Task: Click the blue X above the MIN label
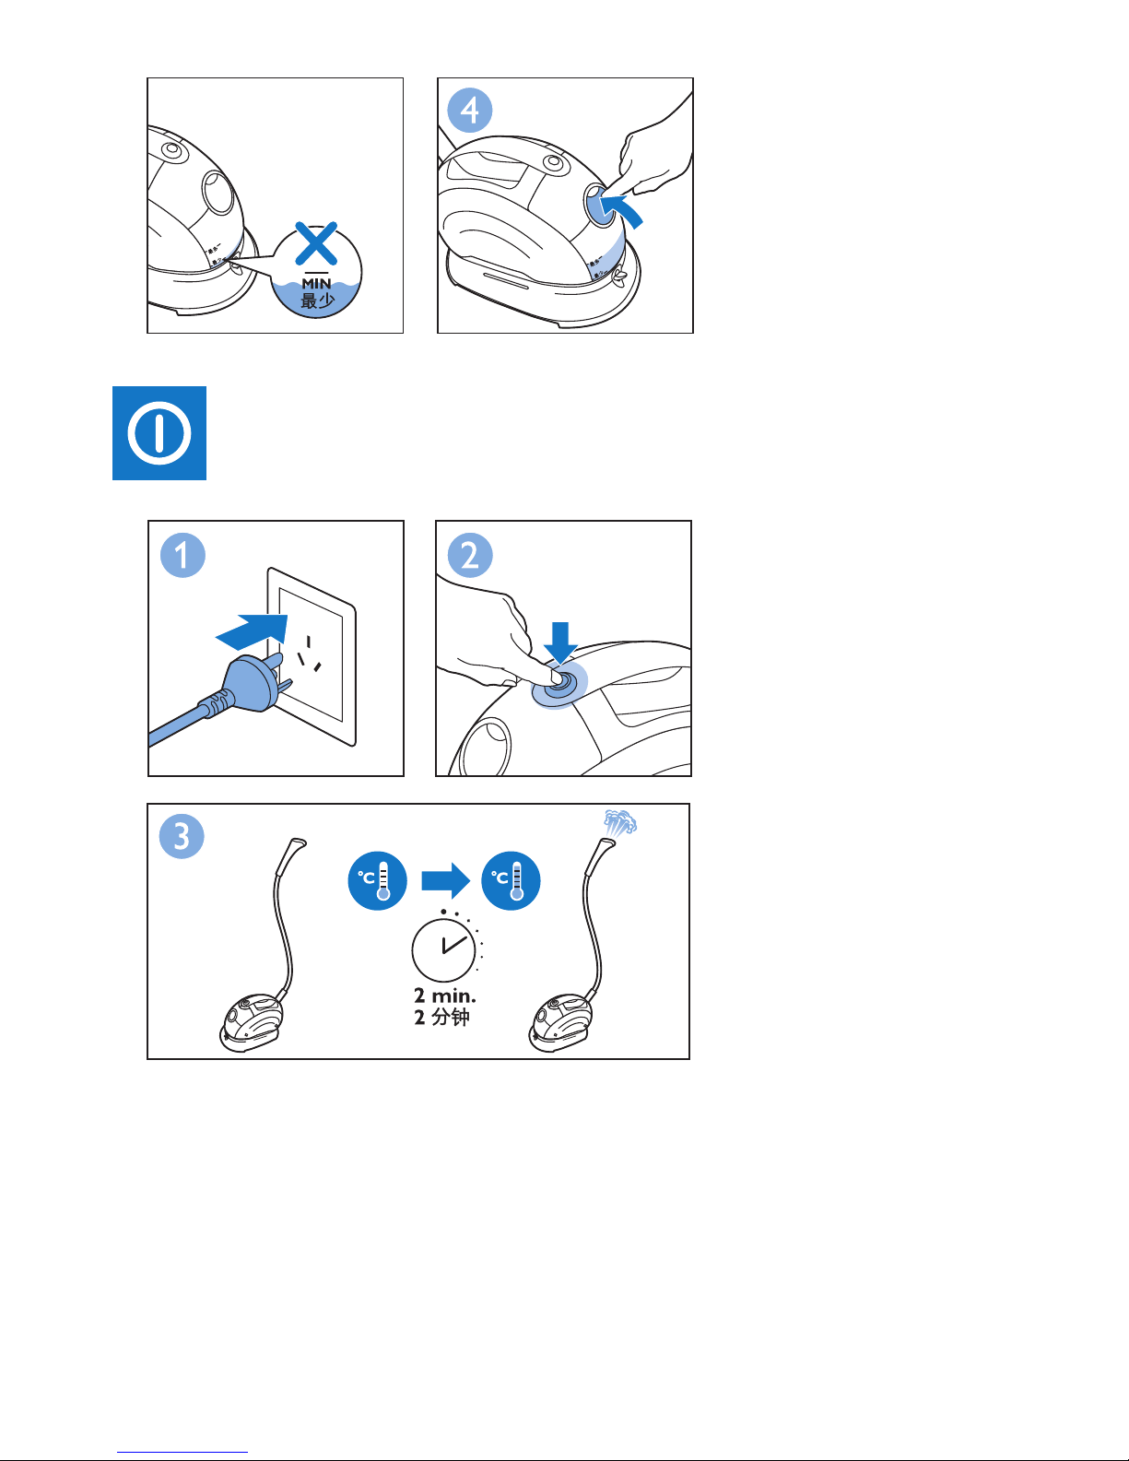316,243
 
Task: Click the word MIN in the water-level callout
316,284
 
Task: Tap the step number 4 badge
470,111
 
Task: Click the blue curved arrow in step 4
621,209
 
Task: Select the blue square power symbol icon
159,433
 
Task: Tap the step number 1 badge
182,555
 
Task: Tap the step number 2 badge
470,555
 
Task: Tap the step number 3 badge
182,836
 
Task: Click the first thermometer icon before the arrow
377,881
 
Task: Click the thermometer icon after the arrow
511,881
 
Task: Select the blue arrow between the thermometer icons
445,880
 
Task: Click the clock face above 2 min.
443,950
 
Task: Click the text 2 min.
444,996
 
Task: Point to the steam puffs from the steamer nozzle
619,823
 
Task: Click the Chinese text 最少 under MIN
317,300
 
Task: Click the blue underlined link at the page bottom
182,1453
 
